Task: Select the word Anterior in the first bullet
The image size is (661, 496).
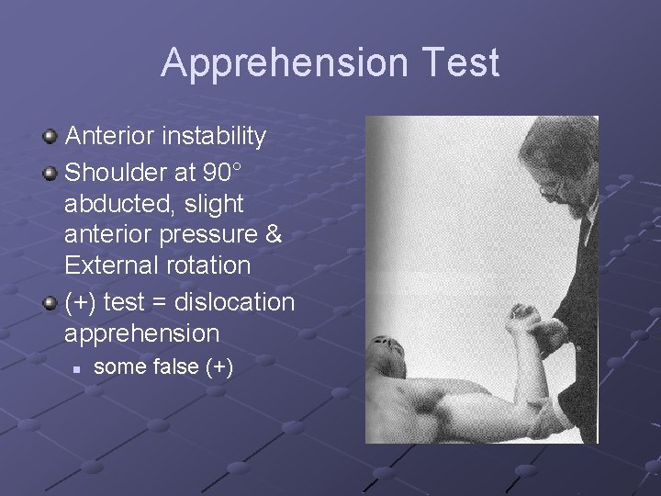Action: coord(110,137)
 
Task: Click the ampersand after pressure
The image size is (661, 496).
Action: coord(273,234)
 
